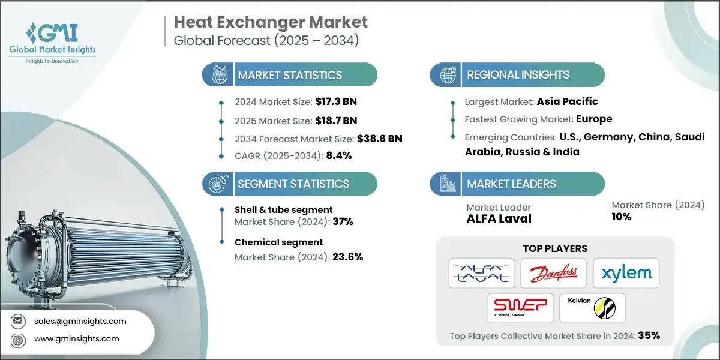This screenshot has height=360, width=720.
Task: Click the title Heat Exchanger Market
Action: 271,23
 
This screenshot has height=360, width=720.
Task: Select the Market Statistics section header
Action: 290,75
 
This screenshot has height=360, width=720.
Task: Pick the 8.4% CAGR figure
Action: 338,155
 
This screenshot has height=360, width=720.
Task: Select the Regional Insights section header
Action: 518,75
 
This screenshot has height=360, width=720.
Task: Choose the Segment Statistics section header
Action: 293,184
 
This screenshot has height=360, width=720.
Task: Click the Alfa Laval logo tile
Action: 481,274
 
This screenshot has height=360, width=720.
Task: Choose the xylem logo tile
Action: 626,274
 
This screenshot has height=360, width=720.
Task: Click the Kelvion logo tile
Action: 591,308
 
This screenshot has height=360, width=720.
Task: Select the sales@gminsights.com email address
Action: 80,321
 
